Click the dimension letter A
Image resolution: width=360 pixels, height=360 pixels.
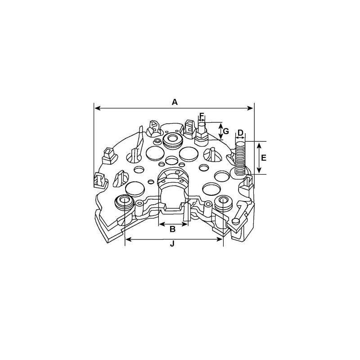point(175,102)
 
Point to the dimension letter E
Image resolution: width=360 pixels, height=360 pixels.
point(264,157)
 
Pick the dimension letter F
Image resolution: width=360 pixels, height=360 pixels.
point(202,116)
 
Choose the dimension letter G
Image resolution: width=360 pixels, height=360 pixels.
point(226,131)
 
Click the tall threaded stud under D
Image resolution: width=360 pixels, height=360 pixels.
point(240,157)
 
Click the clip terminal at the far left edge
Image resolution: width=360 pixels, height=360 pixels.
point(100,180)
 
